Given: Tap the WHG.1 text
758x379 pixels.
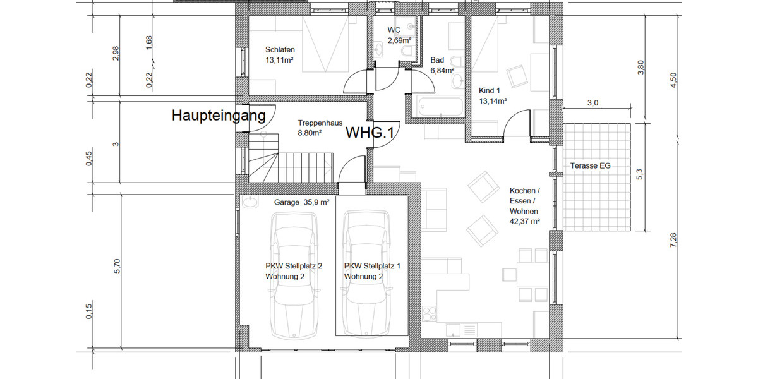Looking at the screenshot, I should [370, 133].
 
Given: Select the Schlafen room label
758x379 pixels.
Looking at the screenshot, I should [280, 50].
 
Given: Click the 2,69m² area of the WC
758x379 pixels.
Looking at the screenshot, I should [399, 40].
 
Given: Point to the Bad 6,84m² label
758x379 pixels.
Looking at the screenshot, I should [440, 64].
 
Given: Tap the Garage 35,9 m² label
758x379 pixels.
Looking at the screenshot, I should [301, 203].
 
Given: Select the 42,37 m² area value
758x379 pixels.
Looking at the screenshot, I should [525, 221].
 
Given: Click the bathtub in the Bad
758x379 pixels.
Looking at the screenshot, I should [437, 106].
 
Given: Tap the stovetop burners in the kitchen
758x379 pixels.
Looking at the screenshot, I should [431, 313].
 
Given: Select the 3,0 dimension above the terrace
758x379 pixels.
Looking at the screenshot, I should [593, 104].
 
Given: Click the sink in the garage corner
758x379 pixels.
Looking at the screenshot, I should [251, 203].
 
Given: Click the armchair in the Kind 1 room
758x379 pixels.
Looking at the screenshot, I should [518, 75].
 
